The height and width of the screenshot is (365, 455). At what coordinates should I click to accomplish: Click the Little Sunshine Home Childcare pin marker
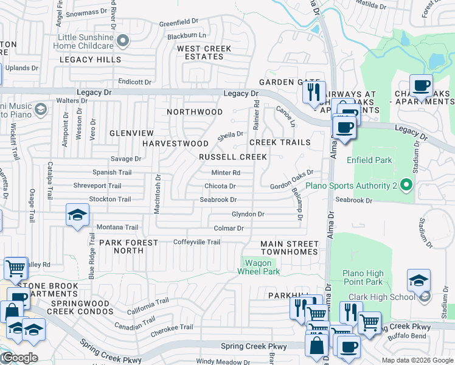pos(123,41)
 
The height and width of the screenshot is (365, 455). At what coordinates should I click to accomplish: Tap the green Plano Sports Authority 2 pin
pos(408,186)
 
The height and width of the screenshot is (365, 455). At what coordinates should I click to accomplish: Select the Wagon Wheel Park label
pos(262,267)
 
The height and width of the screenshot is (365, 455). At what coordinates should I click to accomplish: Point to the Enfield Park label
pos(369,160)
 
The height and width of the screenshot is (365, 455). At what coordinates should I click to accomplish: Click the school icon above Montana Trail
pos(78,215)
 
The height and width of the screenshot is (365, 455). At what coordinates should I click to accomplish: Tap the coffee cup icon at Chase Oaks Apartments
pos(420,85)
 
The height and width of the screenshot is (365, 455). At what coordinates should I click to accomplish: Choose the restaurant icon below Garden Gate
pos(314,92)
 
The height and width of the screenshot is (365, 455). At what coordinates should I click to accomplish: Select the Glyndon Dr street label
pos(248,214)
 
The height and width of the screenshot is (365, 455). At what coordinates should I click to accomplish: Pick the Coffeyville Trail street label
pos(196,242)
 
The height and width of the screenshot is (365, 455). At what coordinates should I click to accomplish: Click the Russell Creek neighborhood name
pos(233,157)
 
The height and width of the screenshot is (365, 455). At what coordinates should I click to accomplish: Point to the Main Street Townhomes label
pos(289,248)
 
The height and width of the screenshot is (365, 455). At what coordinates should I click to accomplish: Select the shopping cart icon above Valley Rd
pos(16,267)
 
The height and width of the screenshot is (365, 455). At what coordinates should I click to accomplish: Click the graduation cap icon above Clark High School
pos(419,280)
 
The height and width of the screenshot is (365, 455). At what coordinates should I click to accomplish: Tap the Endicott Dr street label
pos(134,82)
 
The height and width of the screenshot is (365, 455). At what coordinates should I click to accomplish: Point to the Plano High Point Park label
pos(363,277)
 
